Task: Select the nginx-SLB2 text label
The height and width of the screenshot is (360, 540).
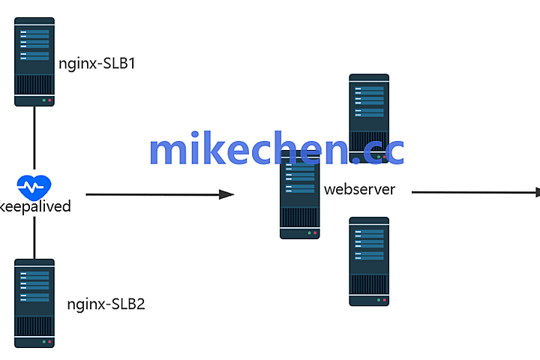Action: pyautogui.click(x=106, y=304)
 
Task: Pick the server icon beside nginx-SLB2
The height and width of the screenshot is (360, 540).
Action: pyautogui.click(x=34, y=303)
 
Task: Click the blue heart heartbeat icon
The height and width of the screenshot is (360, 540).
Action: pyautogui.click(x=34, y=184)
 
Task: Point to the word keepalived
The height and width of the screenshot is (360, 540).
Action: pyautogui.click(x=35, y=206)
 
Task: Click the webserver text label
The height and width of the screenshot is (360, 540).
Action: pyautogui.click(x=358, y=189)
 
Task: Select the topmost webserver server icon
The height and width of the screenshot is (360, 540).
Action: pyautogui.click(x=369, y=112)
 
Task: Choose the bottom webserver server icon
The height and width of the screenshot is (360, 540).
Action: pyautogui.click(x=369, y=261)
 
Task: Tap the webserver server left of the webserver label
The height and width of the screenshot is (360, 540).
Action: pyautogui.click(x=300, y=199)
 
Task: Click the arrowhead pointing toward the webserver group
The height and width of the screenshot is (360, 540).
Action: pyautogui.click(x=226, y=195)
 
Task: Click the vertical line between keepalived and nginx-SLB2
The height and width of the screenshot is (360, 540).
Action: pyautogui.click(x=34, y=236)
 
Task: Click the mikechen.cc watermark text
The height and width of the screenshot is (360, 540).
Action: pyautogui.click(x=276, y=150)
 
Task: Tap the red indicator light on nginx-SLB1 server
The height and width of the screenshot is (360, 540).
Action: pyautogui.click(x=50, y=100)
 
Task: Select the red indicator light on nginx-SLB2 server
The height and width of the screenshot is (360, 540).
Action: pyautogui.click(x=50, y=341)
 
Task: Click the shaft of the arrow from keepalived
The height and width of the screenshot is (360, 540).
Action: pyautogui.click(x=150, y=195)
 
